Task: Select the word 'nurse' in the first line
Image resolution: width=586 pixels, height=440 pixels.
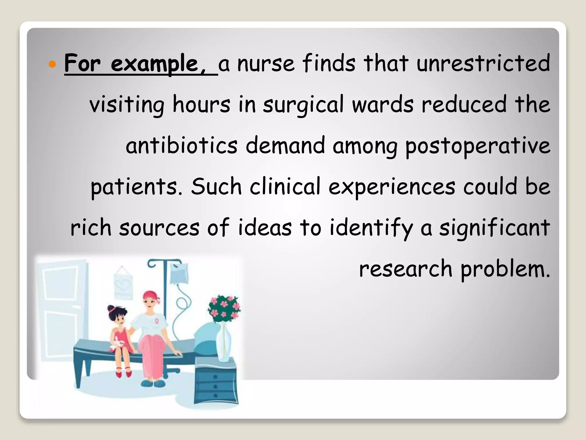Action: [x=266, y=64]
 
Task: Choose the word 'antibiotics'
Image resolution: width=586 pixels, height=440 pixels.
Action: [x=181, y=146]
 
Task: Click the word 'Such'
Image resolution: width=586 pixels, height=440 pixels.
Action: [x=216, y=186]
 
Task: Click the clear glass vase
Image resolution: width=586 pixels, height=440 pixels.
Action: [x=223, y=344]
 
